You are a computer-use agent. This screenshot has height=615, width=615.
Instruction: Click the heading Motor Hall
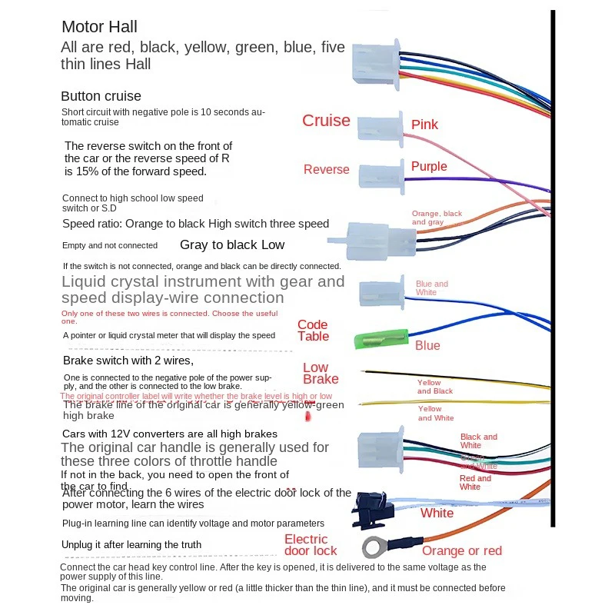99,27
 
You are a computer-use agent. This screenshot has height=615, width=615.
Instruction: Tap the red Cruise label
326,121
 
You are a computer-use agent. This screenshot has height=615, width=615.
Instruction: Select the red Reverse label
326,170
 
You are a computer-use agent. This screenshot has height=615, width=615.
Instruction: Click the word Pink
424,125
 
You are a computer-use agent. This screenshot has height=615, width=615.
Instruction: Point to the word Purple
428,166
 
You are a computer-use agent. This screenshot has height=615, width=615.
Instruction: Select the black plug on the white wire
372,509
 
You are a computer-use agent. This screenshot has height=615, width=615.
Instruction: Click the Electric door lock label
311,545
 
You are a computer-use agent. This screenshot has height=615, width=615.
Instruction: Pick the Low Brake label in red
320,374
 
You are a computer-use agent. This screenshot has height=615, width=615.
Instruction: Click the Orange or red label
461,550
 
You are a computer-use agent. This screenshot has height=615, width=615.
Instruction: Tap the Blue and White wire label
431,288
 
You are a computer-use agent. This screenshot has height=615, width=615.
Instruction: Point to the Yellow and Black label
434,387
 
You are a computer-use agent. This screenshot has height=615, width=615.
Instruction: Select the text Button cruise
101,97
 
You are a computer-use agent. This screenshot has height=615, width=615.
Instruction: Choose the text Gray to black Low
232,245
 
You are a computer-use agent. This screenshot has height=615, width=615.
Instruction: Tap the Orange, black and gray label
437,218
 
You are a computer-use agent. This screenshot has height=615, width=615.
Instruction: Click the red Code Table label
313,331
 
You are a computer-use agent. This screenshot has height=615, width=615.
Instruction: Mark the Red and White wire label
474,482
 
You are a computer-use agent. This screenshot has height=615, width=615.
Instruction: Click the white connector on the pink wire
381,125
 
